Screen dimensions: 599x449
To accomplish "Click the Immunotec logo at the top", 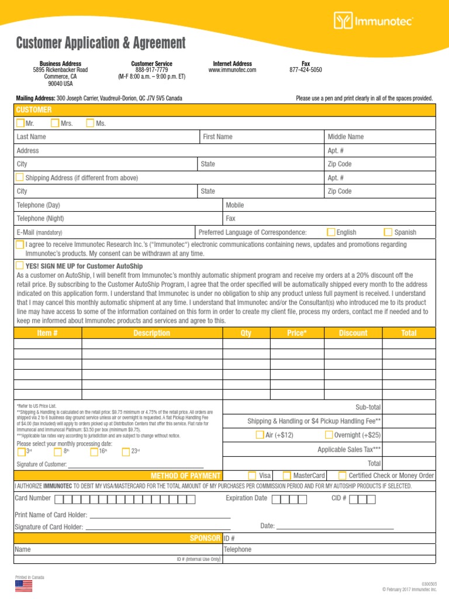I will click(374, 22).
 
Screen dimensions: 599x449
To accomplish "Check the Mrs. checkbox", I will click(55, 123).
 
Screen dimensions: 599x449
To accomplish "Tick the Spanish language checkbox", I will click(388, 232).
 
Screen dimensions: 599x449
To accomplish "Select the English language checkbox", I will click(331, 232).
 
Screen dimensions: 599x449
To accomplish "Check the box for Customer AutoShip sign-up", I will click(20, 266).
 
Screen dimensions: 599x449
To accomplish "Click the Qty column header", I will click(246, 333).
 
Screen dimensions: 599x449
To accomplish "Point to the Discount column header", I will click(353, 333).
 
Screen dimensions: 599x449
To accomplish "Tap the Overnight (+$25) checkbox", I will click(329, 435).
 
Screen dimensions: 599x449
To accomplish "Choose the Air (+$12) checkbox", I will click(260, 435).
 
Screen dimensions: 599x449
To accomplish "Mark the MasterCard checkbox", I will click(287, 476).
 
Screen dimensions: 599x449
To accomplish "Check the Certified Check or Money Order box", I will click(343, 476).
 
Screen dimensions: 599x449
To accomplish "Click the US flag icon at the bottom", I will click(23, 586).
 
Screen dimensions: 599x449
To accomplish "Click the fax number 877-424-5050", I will click(306, 70).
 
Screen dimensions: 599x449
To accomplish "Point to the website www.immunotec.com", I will click(232, 70).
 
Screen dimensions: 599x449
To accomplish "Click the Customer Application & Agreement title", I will click(101, 43).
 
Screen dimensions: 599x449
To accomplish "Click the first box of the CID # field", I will click(353, 499).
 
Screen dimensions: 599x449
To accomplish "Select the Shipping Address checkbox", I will click(20, 177).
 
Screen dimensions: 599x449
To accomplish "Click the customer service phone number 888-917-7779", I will click(151, 70).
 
